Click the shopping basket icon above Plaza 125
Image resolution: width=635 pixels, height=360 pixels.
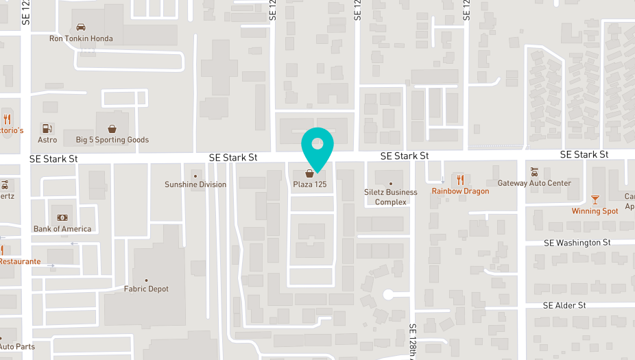tap(310, 173)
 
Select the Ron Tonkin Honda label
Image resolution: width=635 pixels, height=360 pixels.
tap(81, 38)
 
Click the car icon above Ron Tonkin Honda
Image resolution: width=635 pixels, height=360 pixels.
tap(81, 27)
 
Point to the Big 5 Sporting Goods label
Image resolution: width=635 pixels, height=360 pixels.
tap(112, 140)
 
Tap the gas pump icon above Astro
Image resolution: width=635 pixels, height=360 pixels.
tap(47, 128)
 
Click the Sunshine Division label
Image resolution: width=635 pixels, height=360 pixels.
tap(195, 184)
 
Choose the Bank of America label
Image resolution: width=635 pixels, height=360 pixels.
tap(62, 229)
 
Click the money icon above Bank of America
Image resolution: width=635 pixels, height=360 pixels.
tap(62, 217)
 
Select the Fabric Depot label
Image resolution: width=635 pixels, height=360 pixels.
tap(146, 289)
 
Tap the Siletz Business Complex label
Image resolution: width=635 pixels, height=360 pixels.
tap(391, 197)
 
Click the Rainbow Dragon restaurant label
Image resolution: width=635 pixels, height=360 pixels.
tap(460, 191)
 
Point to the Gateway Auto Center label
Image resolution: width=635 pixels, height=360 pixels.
tap(534, 183)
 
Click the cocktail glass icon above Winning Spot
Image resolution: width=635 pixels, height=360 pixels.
tap(595, 200)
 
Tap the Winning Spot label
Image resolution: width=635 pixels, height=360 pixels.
tap(595, 211)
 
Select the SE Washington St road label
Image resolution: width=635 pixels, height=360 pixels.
tap(577, 243)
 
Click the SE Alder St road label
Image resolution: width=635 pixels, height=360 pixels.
tap(564, 305)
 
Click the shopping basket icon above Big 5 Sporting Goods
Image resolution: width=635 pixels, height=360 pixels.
tap(112, 128)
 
